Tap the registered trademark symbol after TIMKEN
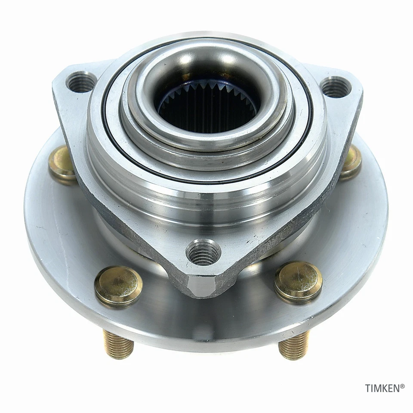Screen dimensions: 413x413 [402, 386]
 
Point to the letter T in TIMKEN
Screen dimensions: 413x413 [368, 388]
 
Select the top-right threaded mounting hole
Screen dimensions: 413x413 [336, 87]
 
